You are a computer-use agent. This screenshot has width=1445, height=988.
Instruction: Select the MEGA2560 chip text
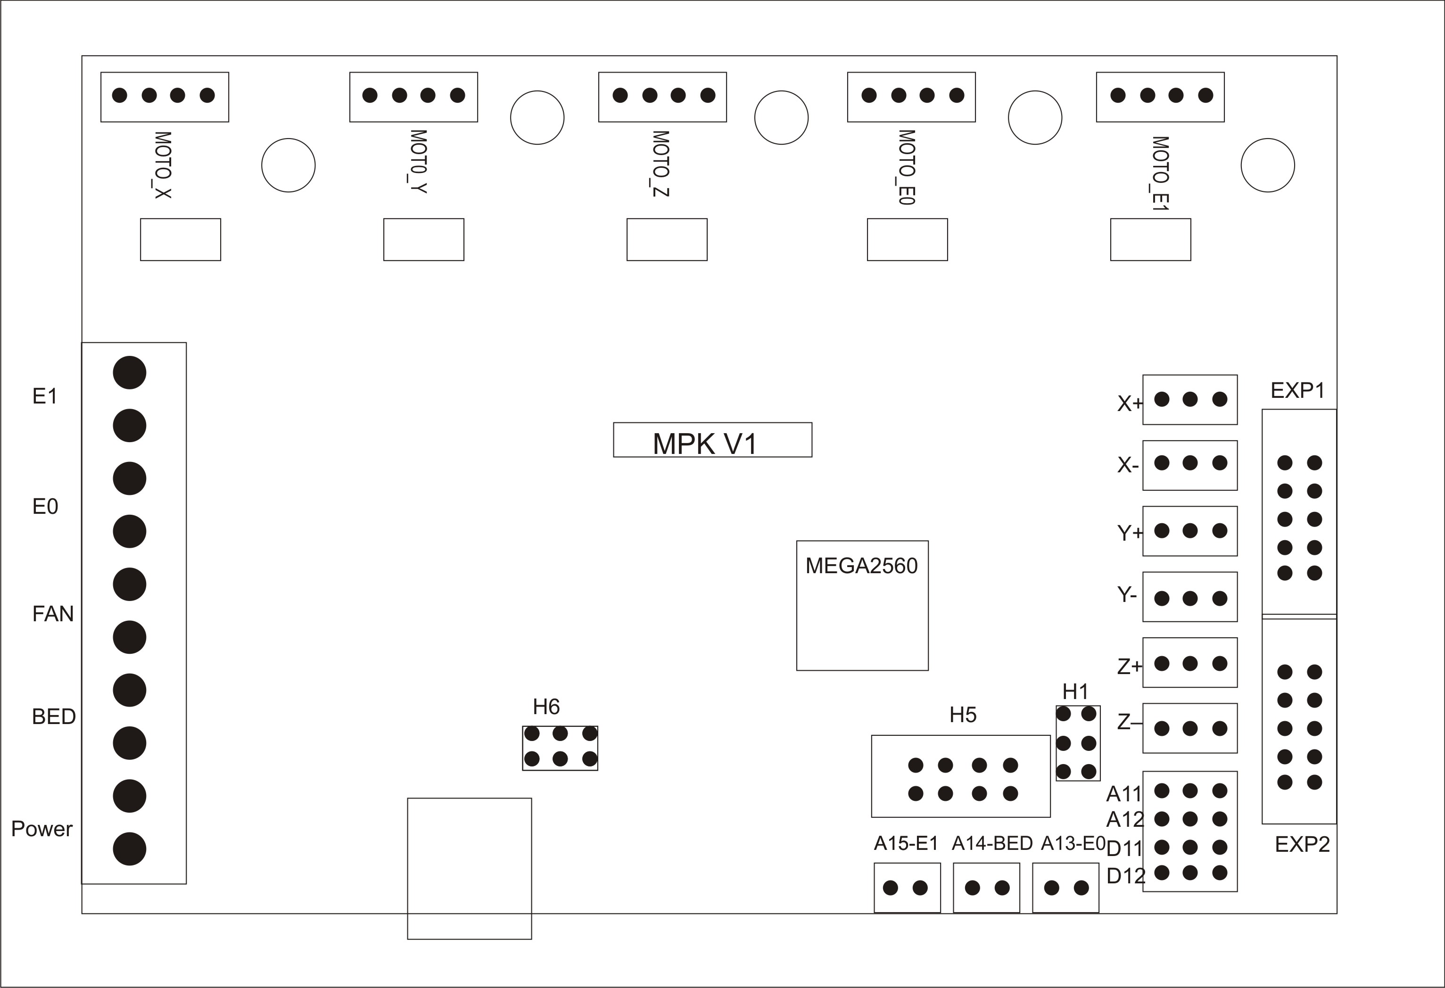[x=861, y=566]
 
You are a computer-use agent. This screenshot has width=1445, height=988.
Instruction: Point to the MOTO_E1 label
[x=1160, y=173]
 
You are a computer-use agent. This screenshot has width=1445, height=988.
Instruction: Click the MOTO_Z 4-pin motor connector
[x=662, y=97]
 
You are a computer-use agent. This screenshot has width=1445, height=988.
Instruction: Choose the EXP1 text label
[x=1297, y=390]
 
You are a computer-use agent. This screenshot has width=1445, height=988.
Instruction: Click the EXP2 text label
[x=1302, y=844]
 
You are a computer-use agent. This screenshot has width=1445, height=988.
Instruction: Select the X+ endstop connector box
[x=1189, y=400]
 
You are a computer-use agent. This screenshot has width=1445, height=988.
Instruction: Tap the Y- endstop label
[x=1127, y=595]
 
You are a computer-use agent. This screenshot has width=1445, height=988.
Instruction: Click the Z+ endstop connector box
[x=1189, y=663]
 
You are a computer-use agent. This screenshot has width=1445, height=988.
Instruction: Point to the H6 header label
[x=546, y=707]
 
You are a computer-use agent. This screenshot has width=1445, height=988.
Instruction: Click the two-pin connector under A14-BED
[x=986, y=888]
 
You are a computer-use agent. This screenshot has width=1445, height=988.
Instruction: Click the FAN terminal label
[x=53, y=614]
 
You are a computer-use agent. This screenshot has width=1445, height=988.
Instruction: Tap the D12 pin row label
[x=1125, y=876]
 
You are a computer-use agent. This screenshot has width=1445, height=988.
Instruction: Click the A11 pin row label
[x=1124, y=794]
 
